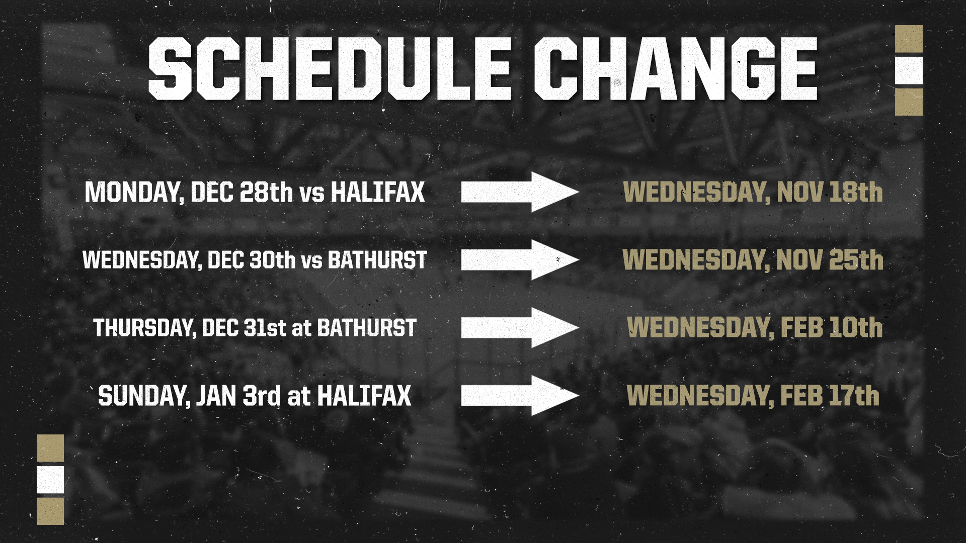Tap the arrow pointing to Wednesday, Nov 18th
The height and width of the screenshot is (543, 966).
pyautogui.click(x=520, y=192)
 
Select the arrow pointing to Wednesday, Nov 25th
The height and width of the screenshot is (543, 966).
pyautogui.click(x=520, y=260)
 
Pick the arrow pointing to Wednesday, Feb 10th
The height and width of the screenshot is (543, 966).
pyautogui.click(x=520, y=328)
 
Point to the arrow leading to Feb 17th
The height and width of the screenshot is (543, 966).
pyautogui.click(x=520, y=396)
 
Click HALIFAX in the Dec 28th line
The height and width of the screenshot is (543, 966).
pyautogui.click(x=377, y=192)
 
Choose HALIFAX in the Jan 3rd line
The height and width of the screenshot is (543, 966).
pyautogui.click(x=364, y=396)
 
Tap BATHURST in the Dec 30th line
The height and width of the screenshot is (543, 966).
pyautogui.click(x=377, y=260)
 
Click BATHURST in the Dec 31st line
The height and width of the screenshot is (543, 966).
pyautogui.click(x=367, y=328)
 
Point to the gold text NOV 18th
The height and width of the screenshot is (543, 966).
pyautogui.click(x=830, y=192)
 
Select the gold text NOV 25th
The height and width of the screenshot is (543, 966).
pyautogui.click(x=830, y=260)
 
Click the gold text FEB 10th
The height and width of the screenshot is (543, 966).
pyautogui.click(x=832, y=328)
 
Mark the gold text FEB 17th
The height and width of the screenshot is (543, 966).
pyautogui.click(x=830, y=396)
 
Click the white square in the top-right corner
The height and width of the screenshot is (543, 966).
pyautogui.click(x=909, y=70)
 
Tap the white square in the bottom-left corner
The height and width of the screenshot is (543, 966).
pyautogui.click(x=50, y=479)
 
